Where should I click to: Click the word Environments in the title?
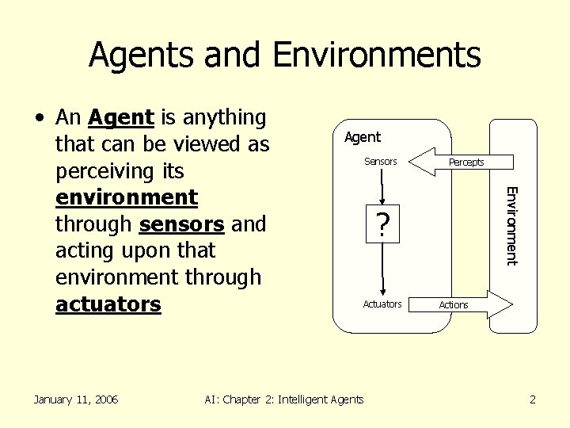[x=376, y=55]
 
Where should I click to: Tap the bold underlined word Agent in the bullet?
[x=120, y=118]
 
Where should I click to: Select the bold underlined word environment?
[x=126, y=197]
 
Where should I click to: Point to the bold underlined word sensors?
[x=181, y=224]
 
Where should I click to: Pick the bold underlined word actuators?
[x=108, y=304]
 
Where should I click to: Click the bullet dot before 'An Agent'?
[x=39, y=119]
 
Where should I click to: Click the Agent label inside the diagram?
[x=363, y=137]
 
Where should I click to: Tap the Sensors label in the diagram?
[x=380, y=162]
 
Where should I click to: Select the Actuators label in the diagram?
[x=382, y=304]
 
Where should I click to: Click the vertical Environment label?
[x=511, y=225]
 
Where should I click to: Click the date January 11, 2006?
[x=75, y=399]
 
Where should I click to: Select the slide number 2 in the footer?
[x=533, y=399]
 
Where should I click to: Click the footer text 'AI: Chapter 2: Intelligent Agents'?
[x=284, y=399]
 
